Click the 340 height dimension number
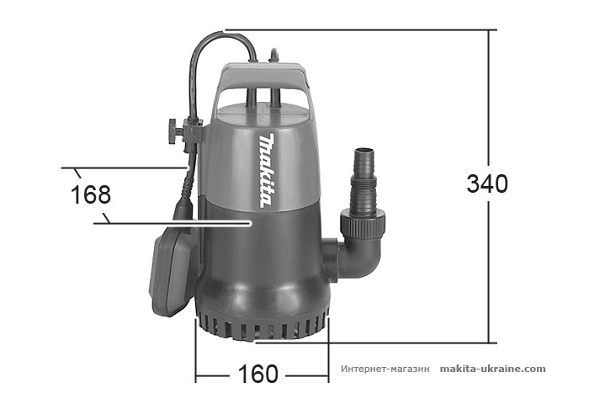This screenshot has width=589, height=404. coord(487,183)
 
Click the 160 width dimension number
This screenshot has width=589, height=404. coord(258,374)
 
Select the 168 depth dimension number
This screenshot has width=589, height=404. coord(91,195)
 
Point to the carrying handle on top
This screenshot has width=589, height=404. coord(263,80)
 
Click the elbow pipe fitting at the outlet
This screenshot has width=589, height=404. coord(358,258)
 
